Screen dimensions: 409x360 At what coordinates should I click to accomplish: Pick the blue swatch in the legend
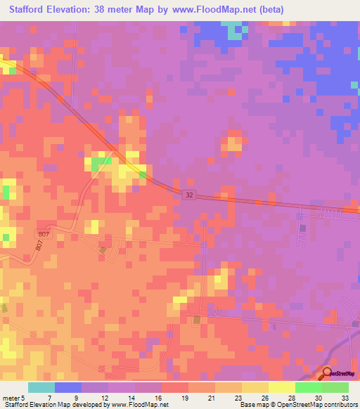tap(67, 387)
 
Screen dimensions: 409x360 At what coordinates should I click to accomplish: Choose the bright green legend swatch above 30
tap(308, 387)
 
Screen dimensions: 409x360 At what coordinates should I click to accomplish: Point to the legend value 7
tap(49, 397)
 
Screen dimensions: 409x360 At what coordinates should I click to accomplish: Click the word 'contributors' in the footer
tap(338, 405)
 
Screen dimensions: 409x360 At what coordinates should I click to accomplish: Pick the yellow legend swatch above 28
tap(281, 387)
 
